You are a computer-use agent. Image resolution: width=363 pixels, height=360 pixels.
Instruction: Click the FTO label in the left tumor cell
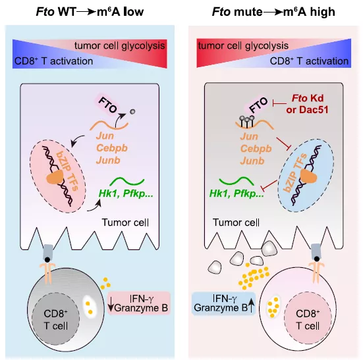tap(107, 105)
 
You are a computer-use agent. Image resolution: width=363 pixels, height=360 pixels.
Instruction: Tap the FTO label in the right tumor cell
tap(258, 105)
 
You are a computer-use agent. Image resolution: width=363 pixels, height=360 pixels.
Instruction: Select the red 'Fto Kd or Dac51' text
tap(308, 104)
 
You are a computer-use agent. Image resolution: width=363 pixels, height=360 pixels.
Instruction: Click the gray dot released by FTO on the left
tap(132, 112)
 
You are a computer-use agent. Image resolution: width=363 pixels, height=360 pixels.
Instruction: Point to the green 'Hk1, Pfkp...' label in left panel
tap(126, 193)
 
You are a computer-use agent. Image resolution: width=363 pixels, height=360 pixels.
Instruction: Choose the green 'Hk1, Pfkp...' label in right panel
tap(237, 193)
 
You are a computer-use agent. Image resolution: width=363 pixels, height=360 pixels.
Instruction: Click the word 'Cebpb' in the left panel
tap(112, 148)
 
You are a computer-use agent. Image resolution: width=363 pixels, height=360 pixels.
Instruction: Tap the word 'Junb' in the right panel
tap(252, 161)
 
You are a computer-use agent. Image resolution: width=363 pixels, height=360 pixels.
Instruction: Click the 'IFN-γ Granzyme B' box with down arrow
tap(139, 303)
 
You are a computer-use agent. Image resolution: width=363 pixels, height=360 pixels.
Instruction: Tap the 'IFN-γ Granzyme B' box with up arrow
tap(223, 303)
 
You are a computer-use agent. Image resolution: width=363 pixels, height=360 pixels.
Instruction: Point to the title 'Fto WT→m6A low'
tap(90, 12)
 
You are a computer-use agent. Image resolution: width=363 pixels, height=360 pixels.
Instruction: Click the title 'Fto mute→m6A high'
tap(273, 12)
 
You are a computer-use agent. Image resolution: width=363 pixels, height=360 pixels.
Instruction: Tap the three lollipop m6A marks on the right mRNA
tap(247, 121)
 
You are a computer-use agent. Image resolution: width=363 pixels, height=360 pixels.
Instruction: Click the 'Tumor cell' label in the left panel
tap(125, 222)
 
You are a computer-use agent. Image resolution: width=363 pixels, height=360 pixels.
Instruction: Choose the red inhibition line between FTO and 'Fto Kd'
tap(279, 103)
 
